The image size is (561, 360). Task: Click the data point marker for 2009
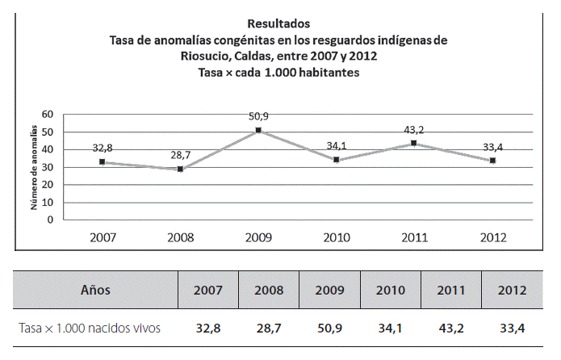coord(258,130)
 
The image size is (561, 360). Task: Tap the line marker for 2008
coord(180,169)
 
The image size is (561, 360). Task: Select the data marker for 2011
coord(414,143)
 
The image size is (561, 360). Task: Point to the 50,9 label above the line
coord(259,117)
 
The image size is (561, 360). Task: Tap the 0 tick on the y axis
coord(50,219)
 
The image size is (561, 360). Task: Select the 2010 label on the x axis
coord(337,238)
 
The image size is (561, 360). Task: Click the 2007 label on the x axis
coord(102,238)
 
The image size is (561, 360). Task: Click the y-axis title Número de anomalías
coord(36,167)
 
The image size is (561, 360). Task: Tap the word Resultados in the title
coord(278,23)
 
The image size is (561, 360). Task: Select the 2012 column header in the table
coord(513,289)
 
